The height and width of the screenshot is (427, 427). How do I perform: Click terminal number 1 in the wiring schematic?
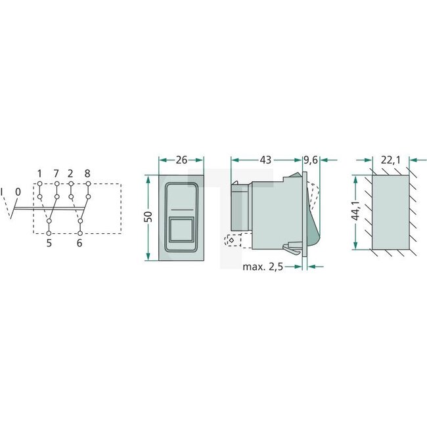40,173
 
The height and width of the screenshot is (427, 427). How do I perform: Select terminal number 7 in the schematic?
57,173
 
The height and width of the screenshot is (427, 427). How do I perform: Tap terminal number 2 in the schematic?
70,173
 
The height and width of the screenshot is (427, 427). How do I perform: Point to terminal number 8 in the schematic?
87,173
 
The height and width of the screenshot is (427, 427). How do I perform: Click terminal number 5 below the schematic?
49,243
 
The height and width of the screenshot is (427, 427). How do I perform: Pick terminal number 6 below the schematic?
80,243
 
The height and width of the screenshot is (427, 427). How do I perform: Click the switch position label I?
3,191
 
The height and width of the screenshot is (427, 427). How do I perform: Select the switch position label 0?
18,191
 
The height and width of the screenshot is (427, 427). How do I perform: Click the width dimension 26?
181,160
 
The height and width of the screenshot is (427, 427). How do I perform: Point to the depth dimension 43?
266,160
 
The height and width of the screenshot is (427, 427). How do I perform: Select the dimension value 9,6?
311,160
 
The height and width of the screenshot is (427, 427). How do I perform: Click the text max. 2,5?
267,267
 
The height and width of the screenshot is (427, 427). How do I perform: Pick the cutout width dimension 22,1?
390,160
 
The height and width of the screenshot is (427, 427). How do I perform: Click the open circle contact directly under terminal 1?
40,196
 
